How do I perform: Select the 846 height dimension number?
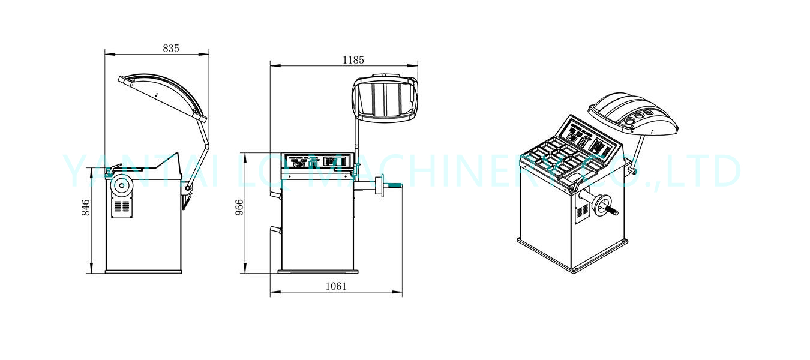[x=86, y=208]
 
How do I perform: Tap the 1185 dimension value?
[x=353, y=59]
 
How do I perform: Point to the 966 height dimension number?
[x=239, y=208]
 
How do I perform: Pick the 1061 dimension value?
[x=336, y=286]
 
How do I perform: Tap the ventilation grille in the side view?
[x=122, y=207]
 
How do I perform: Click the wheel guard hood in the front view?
[x=385, y=98]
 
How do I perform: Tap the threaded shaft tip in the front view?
[x=397, y=186]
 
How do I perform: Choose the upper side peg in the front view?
[x=275, y=194]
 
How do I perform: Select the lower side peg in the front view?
[x=275, y=229]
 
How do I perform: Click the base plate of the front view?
[x=318, y=271]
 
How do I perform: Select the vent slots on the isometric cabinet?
[x=580, y=212]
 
